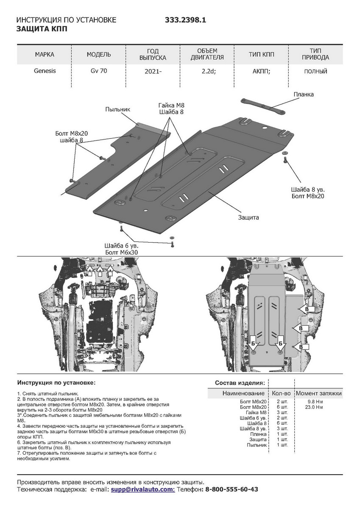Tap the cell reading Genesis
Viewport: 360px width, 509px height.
pos(45,71)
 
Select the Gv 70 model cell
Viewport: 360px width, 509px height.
pos(99,71)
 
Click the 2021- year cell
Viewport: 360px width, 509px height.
pos(153,71)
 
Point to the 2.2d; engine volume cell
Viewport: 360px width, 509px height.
pos(209,71)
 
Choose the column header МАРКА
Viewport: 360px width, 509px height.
pos(45,54)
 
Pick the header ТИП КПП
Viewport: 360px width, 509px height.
pos(262,54)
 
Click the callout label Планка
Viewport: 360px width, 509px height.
pos(303,94)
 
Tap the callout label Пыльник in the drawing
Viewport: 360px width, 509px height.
pos(117,109)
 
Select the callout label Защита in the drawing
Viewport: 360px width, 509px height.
pos(248,217)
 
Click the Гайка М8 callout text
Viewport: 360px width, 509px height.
pos(172,105)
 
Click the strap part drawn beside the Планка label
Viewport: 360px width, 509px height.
pos(263,106)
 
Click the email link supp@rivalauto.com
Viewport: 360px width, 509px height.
pos(142,489)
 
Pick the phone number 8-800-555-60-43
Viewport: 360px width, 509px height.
pos(232,489)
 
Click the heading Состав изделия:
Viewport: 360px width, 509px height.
pos(240,383)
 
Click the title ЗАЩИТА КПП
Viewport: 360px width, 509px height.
pos(42,29)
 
